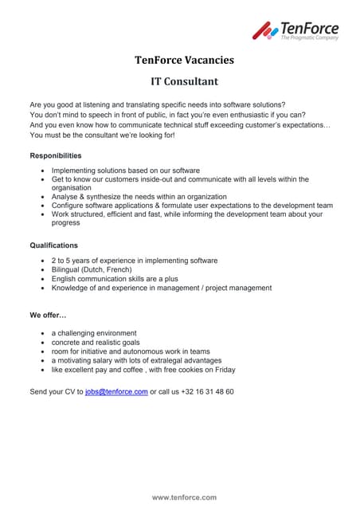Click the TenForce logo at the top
(295, 30)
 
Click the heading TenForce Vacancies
(184, 60)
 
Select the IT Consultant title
(184, 80)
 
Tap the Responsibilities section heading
(56, 155)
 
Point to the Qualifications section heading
(54, 245)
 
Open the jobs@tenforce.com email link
(116, 392)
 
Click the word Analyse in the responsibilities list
(66, 196)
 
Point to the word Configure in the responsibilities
(69, 205)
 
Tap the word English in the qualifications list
(65, 279)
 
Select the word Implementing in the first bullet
(76, 171)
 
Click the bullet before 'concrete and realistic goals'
(42, 343)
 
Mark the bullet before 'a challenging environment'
(42, 333)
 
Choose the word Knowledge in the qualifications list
(72, 288)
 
